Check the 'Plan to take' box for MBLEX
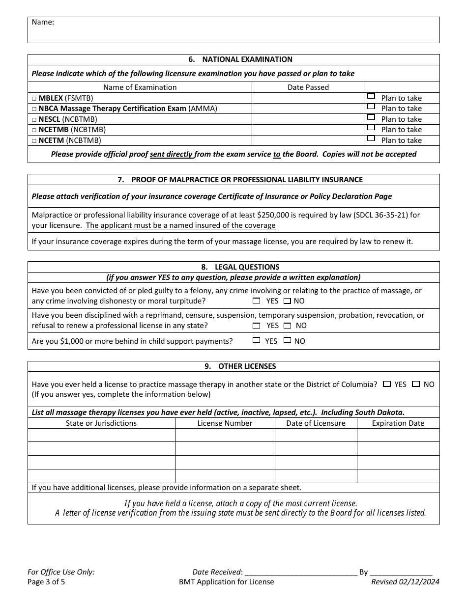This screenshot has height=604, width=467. pyautogui.click(x=371, y=96)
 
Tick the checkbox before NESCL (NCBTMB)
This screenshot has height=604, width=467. pyautogui.click(x=34, y=119)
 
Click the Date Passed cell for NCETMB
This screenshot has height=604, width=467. pyautogui.click(x=308, y=130)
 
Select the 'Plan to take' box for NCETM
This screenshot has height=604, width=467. pyautogui.click(x=371, y=138)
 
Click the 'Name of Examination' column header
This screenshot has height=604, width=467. pyautogui.click(x=140, y=87)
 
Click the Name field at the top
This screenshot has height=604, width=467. pyautogui.click(x=233, y=30)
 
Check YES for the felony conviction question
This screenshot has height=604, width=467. pyautogui.click(x=256, y=301)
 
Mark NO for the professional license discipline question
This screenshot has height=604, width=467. pyautogui.click(x=288, y=325)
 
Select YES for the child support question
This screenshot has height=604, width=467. pyautogui.click(x=256, y=340)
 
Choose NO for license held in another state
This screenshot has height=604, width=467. pyautogui.click(x=416, y=384)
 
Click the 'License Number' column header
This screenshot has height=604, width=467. pyautogui.click(x=225, y=423)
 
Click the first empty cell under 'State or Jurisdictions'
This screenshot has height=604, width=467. pyautogui.click(x=101, y=436)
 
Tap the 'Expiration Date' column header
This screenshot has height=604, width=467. pyautogui.click(x=398, y=423)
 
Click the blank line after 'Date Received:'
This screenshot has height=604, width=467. pyautogui.click(x=300, y=572)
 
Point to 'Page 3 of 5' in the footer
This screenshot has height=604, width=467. pyautogui.click(x=46, y=582)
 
